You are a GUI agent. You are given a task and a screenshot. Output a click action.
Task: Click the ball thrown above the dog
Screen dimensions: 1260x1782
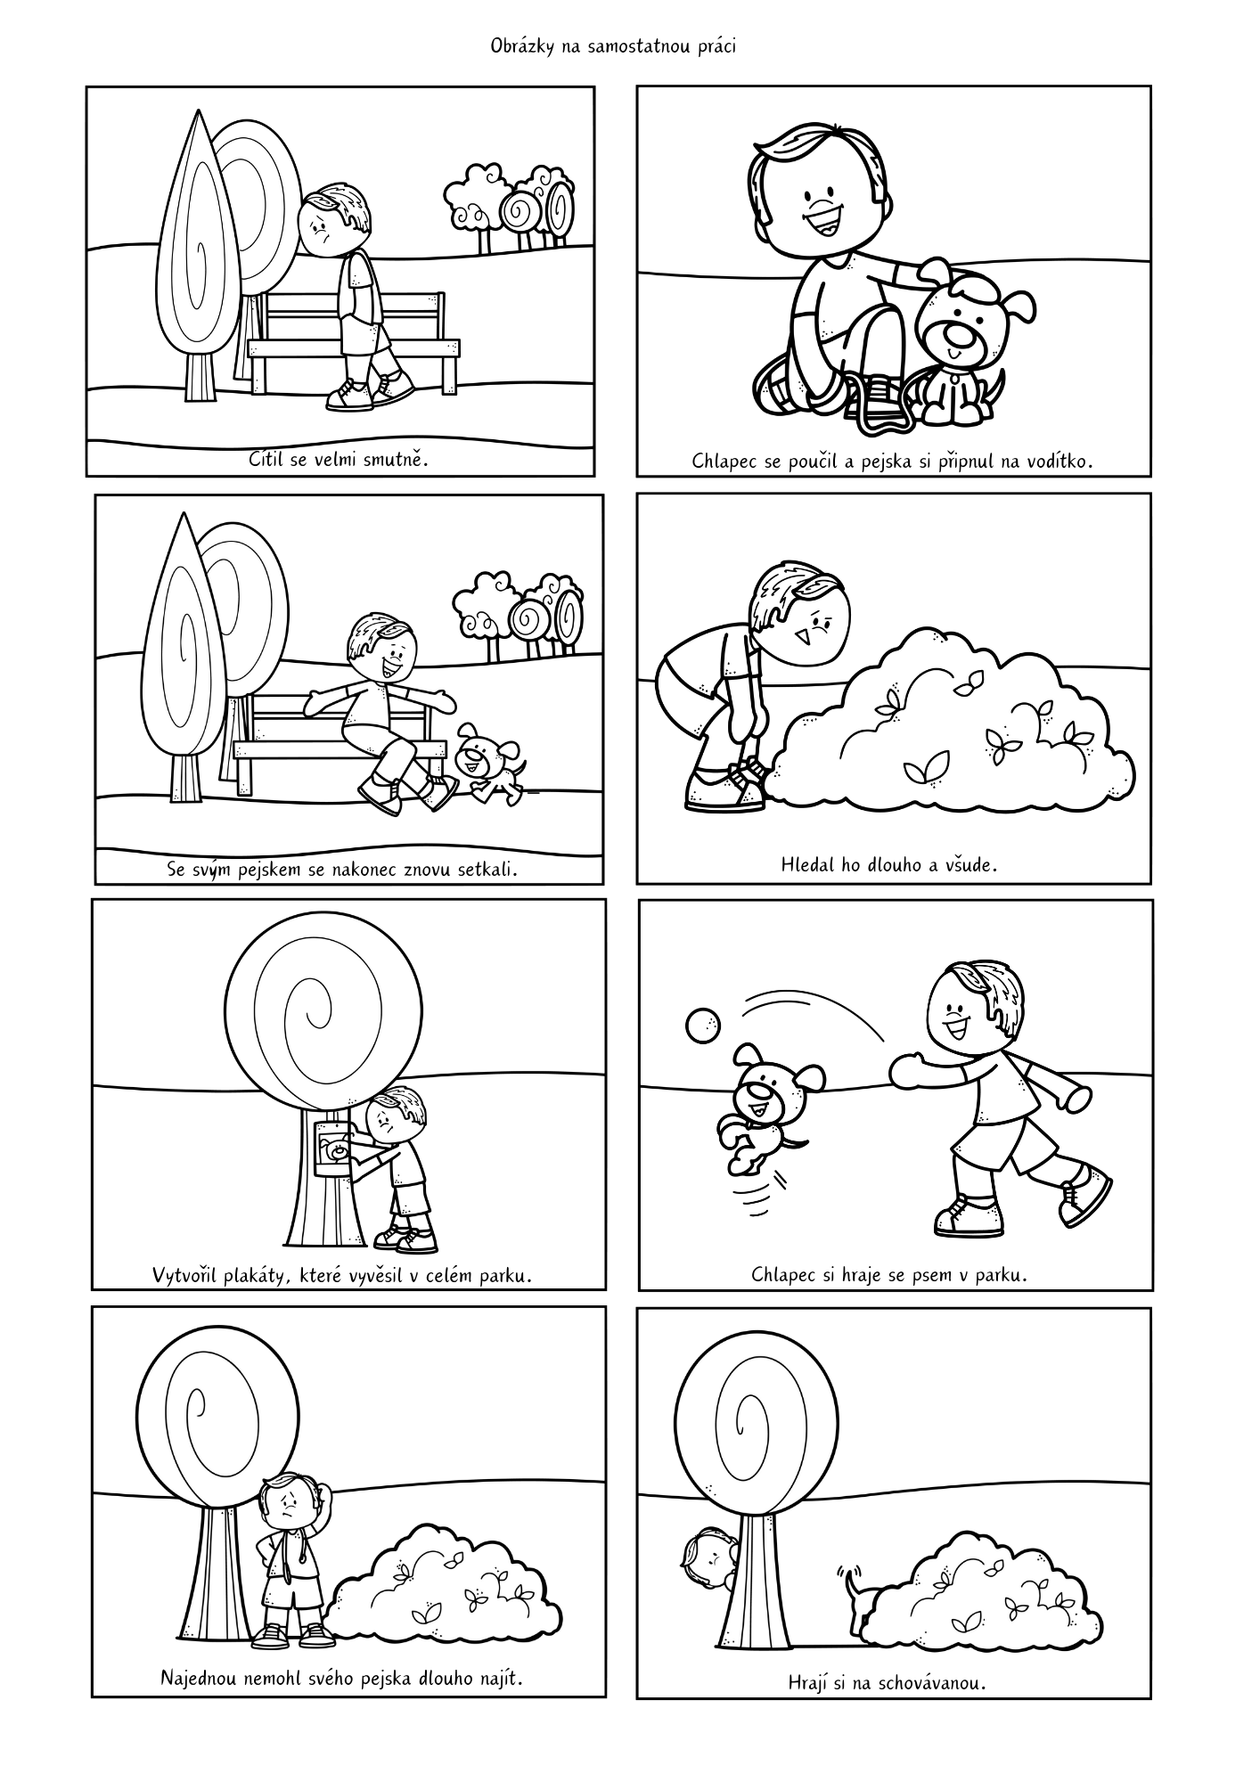[x=701, y=1026]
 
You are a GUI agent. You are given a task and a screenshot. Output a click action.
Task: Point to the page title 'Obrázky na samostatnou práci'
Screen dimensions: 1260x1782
[x=613, y=47]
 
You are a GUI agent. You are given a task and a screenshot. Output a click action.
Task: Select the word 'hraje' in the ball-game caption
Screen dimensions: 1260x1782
[x=861, y=1275]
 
